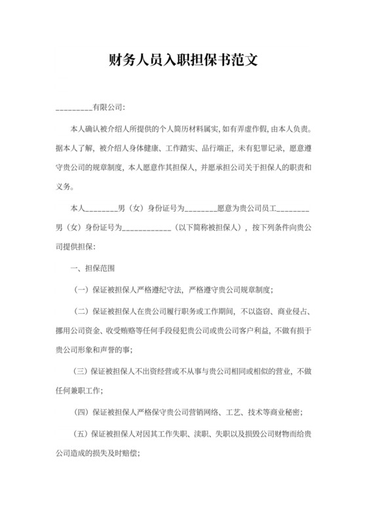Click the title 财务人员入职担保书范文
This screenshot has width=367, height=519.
(x=183, y=63)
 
